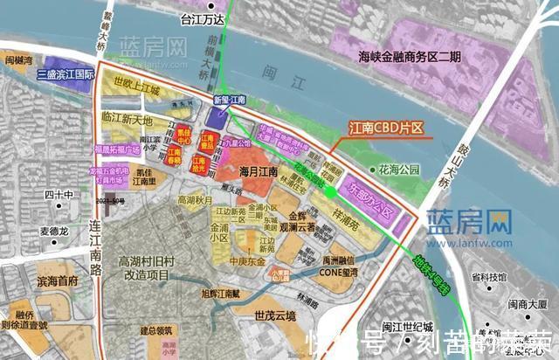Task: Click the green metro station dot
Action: (x=329, y=190)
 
